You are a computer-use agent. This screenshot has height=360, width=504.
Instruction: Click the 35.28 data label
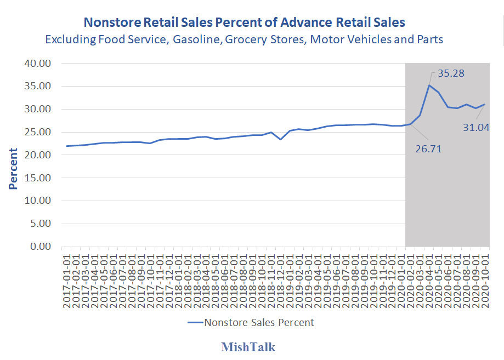(451, 73)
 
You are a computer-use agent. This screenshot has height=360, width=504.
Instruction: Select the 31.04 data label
(476, 127)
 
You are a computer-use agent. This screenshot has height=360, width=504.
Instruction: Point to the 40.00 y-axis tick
(38, 63)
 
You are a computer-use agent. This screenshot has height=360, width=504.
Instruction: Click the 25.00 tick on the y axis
(38, 132)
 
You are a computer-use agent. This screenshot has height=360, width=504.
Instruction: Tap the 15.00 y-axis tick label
(38, 178)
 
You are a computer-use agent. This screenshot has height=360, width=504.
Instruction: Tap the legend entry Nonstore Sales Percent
(259, 322)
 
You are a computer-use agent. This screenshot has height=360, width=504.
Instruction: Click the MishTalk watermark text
(248, 347)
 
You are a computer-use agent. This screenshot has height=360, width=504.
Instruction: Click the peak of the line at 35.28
(429, 85)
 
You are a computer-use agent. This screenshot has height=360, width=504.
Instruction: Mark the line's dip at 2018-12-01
(280, 139)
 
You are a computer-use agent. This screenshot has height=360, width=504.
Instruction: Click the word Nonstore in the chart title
(111, 22)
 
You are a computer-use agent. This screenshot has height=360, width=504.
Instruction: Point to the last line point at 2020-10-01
(485, 104)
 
